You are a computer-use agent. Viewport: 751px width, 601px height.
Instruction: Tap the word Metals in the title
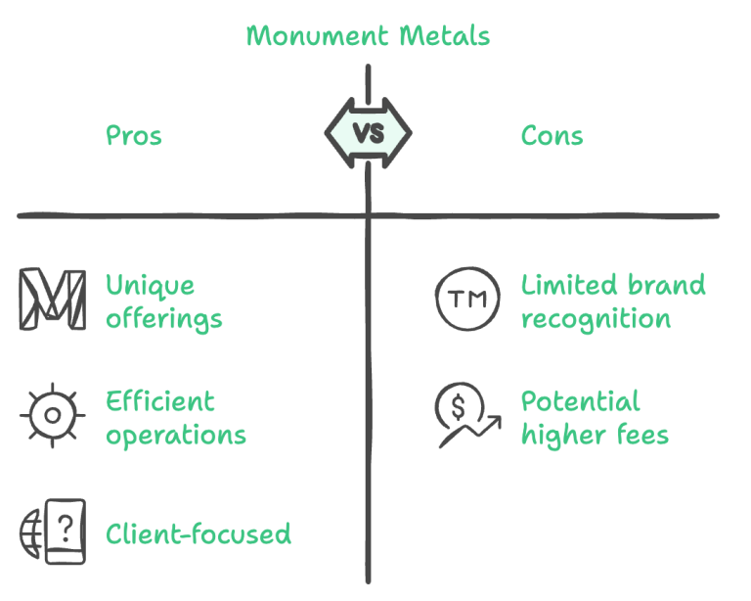tap(446, 37)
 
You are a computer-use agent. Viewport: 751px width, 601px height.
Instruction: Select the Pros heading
tap(134, 136)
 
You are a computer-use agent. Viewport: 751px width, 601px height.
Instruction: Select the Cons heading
tap(552, 136)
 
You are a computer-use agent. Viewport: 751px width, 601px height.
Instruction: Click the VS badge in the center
tap(368, 134)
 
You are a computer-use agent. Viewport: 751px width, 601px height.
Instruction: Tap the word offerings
tap(164, 319)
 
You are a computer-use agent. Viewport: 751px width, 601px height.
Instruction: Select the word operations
tap(176, 435)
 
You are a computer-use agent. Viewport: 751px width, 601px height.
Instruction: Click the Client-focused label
tap(199, 533)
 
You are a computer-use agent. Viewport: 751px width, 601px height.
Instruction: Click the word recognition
tap(595, 319)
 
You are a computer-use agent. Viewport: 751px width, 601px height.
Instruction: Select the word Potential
tap(580, 401)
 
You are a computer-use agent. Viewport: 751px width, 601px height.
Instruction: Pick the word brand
tap(667, 286)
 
